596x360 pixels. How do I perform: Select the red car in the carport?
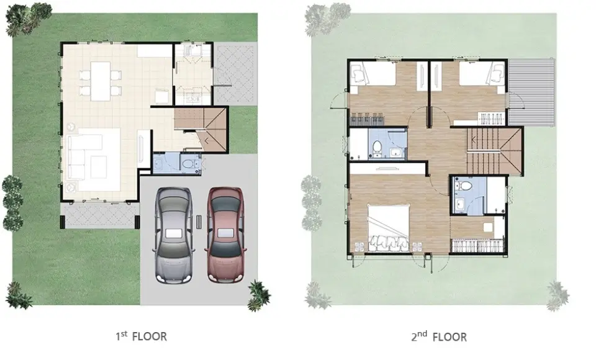tap(226, 235)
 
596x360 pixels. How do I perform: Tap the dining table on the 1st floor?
tap(101, 81)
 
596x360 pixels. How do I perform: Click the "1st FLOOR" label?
tap(141, 336)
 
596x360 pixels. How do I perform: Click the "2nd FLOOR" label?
tap(439, 336)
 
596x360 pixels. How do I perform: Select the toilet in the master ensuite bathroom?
tap(464, 186)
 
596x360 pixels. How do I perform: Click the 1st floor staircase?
tap(201, 128)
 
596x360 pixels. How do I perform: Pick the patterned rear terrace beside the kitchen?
tap(235, 73)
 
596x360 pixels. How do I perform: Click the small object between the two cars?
tap(199, 222)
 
